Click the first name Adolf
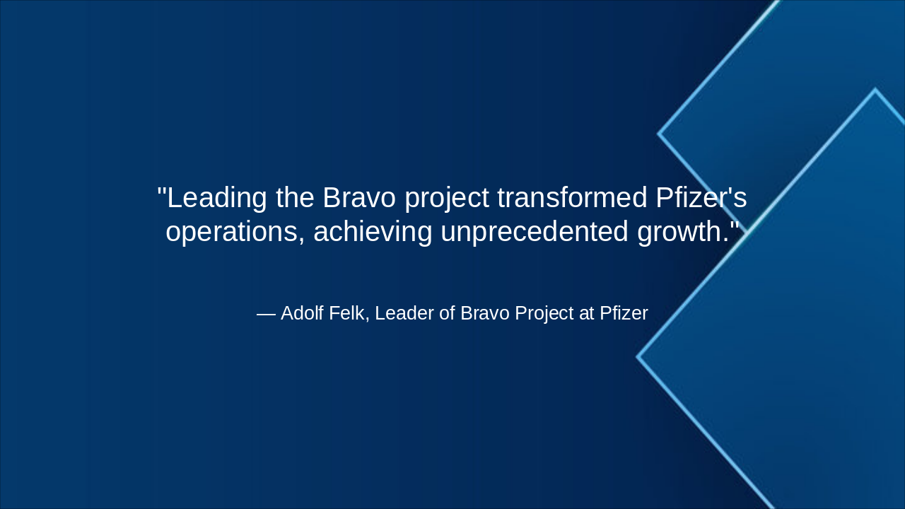[303, 313]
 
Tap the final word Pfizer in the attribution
[624, 313]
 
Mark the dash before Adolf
[266, 314]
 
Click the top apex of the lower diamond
[875, 90]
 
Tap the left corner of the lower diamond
[638, 357]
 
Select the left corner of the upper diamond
[659, 133]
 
